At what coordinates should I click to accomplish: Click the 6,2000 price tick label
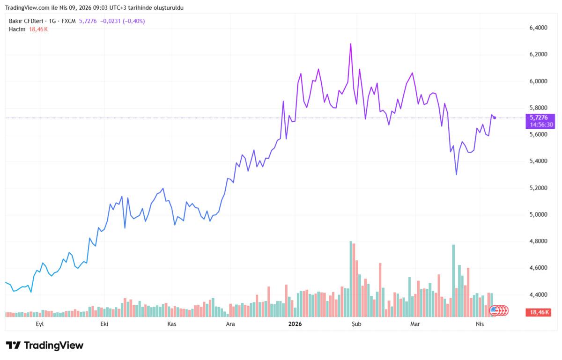pos(538,55)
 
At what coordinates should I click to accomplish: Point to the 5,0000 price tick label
pos(538,215)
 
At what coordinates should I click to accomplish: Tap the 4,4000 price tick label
pos(538,295)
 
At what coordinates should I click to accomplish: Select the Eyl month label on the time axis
pos(40,324)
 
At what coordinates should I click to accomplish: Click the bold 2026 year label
pos(295,324)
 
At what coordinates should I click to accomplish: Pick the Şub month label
pos(357,324)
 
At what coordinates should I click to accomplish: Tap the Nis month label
pos(480,324)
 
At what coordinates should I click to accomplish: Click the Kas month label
pos(171,324)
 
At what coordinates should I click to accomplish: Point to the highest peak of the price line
pos(350,44)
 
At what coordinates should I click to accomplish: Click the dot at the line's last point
pos(495,118)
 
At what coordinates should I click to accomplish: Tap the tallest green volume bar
pos(350,279)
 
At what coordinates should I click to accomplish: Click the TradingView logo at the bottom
pos(45,345)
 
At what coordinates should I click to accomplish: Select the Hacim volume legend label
pos(16,29)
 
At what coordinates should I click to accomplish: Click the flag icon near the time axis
pos(494,310)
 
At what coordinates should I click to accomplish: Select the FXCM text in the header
pos(68,21)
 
